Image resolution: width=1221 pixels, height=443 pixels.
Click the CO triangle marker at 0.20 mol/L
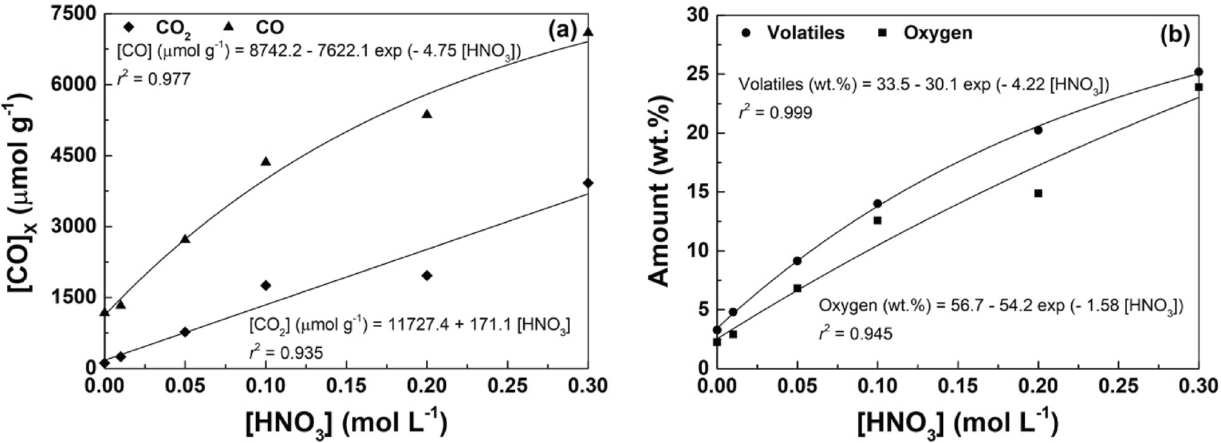427,114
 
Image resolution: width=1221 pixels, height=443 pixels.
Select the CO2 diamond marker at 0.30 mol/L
588,183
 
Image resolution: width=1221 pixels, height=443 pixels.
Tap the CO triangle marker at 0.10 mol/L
266,161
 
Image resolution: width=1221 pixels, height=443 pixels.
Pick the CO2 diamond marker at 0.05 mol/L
184,332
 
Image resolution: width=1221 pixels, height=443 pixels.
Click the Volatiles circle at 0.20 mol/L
1037,130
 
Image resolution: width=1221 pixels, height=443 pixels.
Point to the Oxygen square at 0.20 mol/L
1037,193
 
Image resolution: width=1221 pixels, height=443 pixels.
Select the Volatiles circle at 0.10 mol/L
877,204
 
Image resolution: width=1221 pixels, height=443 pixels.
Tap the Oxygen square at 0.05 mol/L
797,288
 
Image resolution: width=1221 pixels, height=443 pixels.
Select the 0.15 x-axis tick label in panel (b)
957,385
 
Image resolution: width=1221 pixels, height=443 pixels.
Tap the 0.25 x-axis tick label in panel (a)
507,385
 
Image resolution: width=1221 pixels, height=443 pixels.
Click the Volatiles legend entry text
805,32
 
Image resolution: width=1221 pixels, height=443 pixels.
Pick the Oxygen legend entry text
938,32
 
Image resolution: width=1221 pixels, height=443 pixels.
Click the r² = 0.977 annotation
153,79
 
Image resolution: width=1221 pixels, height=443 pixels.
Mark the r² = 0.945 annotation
855,334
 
